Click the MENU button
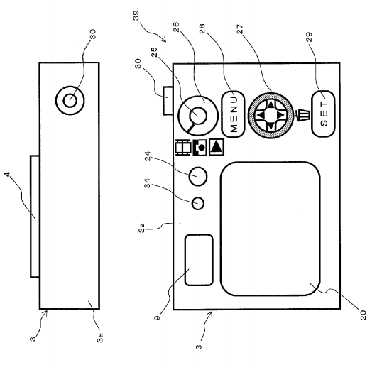click(x=233, y=114)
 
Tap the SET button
click(x=323, y=114)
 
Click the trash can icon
click(x=302, y=115)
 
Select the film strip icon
click(x=183, y=148)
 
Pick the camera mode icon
click(x=200, y=147)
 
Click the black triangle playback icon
click(x=217, y=147)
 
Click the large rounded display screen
click(x=271, y=229)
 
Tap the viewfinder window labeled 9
click(x=199, y=260)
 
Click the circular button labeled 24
click(x=198, y=176)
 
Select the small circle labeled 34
click(x=198, y=203)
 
